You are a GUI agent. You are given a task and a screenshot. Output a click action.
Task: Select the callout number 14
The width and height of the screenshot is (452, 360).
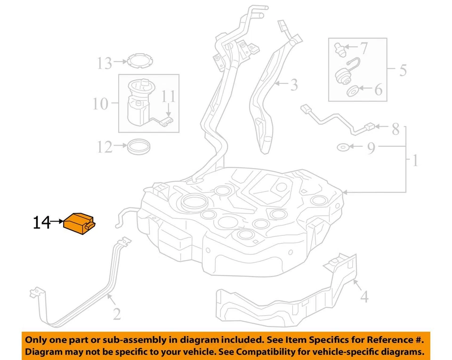coord(41,223)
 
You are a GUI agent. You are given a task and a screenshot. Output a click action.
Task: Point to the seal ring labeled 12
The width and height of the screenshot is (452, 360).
coord(139,146)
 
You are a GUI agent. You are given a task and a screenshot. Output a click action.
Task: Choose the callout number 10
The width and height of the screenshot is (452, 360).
coord(100,104)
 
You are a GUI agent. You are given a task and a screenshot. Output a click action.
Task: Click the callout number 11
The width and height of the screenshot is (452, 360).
coord(168,97)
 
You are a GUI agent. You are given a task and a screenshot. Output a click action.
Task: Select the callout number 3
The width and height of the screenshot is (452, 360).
coord(294,85)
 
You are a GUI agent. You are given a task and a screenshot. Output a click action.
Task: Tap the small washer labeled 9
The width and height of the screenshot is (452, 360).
coord(343,148)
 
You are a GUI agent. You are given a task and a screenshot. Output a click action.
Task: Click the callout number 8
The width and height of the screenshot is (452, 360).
coord(395,128)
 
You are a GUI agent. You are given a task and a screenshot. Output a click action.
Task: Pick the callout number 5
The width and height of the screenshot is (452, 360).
coord(403,71)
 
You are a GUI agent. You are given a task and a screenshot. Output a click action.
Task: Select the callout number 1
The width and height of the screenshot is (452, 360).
coord(415,161)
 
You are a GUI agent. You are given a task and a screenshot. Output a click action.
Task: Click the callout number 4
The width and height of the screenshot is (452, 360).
coord(364,297)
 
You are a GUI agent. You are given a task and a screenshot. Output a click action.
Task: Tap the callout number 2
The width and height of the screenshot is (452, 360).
coord(116,313)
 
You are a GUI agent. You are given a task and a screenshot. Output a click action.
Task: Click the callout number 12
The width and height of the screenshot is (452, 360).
coord(105,147)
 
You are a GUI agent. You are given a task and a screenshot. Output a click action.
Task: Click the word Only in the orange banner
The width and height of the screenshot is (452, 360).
coord(38,340)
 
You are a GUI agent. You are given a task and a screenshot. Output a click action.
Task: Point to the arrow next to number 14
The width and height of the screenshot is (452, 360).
coord(57,221)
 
